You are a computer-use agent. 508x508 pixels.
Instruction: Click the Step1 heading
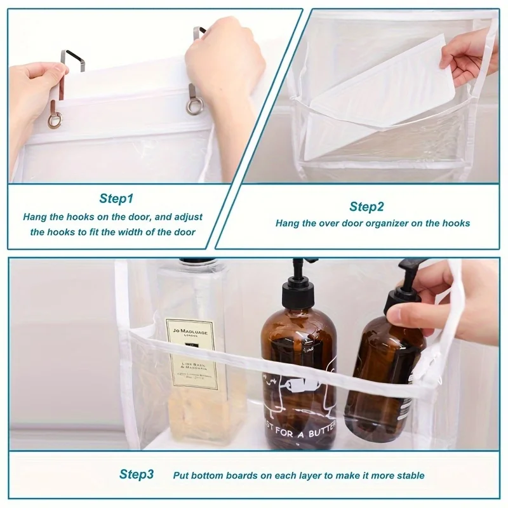tap(116, 199)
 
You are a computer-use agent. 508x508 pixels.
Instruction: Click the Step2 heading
tap(366, 207)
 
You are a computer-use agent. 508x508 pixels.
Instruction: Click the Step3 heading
tap(137, 474)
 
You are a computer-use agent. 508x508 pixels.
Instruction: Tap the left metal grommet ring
tap(55, 119)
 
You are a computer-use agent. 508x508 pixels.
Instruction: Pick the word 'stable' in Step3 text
tap(411, 475)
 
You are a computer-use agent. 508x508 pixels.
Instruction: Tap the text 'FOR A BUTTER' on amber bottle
tap(298, 431)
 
